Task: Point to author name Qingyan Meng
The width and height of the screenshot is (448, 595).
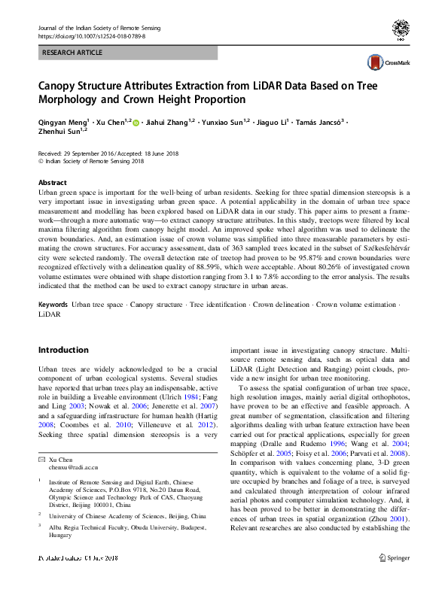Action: [62, 122]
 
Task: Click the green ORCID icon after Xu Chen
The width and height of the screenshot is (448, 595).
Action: [136, 122]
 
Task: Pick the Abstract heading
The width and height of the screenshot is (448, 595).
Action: [52, 183]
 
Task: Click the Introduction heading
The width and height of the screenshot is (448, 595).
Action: [63, 350]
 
